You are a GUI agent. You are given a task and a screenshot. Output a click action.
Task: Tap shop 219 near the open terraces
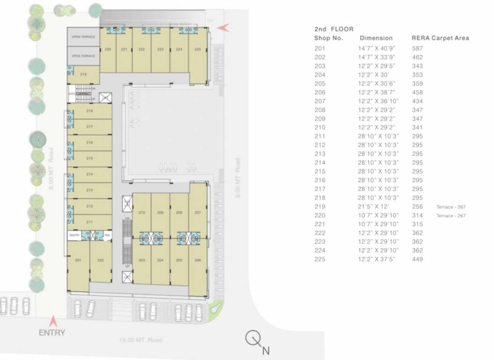point(83,75)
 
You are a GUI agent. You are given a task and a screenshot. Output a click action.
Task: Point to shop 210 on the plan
point(141,212)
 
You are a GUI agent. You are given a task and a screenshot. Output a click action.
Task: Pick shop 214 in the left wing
point(89,174)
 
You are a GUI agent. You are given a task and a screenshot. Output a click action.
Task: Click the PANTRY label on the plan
point(74,235)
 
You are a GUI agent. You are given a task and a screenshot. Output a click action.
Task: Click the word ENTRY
point(52,333)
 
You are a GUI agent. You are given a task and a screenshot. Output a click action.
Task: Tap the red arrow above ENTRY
point(53,322)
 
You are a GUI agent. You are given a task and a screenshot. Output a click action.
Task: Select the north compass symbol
point(253,338)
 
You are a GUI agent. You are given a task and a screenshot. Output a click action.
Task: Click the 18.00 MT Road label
point(141,340)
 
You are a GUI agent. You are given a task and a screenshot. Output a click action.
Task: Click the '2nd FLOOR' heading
point(333,29)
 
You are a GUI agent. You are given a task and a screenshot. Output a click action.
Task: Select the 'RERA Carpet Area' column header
point(440,38)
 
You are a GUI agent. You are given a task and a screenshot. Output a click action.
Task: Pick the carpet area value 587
point(417,48)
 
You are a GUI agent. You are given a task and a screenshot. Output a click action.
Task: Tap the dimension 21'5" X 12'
point(373,207)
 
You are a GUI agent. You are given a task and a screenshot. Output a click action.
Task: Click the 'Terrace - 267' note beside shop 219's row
point(450,207)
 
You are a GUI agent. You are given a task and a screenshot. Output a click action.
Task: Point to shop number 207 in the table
point(319,101)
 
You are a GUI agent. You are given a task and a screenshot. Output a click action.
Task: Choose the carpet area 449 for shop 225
point(417,259)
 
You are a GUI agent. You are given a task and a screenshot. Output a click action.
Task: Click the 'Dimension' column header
point(376,38)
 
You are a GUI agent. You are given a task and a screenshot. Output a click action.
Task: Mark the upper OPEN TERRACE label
point(83,37)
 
